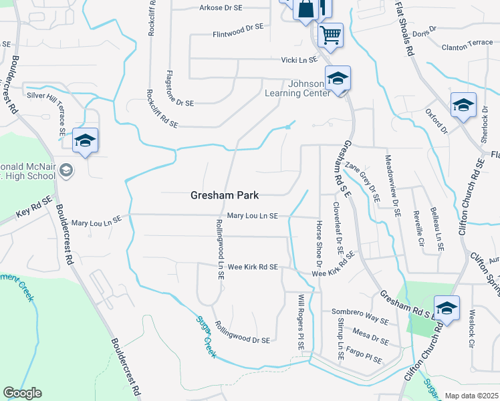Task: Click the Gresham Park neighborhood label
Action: click(x=225, y=195)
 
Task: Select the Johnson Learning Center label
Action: click(x=299, y=88)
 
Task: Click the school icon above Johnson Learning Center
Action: click(x=338, y=80)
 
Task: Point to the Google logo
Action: click(x=22, y=393)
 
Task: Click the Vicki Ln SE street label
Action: click(x=298, y=60)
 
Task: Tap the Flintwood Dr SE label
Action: click(x=238, y=33)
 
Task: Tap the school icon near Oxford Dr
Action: click(x=463, y=106)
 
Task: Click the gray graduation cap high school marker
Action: click(x=66, y=170)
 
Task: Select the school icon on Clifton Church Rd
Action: click(x=447, y=309)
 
